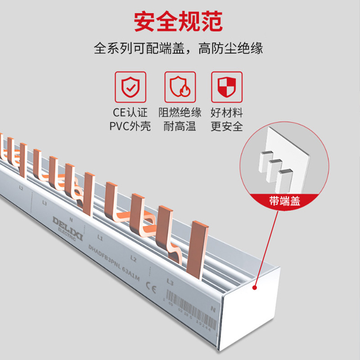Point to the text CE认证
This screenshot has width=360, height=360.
point(130,112)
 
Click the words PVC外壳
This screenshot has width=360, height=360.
point(130,126)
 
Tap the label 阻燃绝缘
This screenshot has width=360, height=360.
point(180,112)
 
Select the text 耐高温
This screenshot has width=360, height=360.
point(180,126)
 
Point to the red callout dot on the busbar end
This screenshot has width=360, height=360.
point(255,286)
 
